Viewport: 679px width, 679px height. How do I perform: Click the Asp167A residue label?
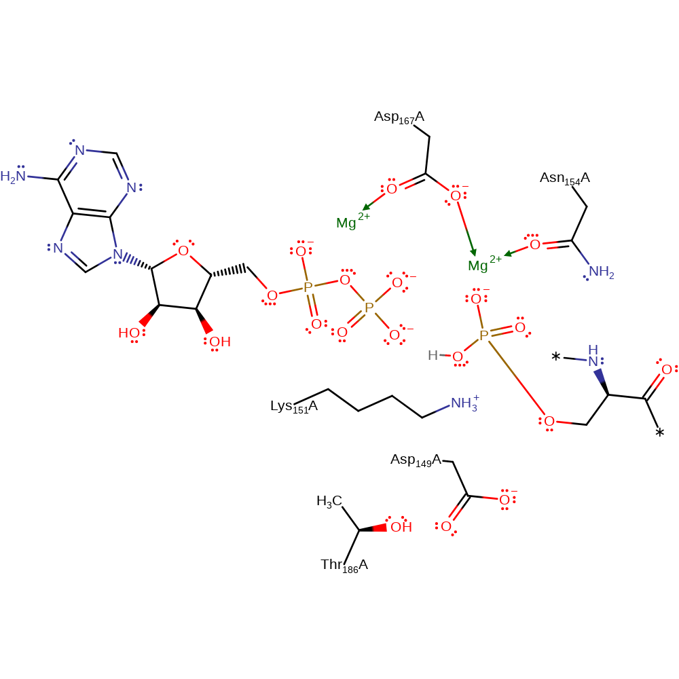[399, 117]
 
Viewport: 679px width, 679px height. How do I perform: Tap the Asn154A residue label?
[565, 179]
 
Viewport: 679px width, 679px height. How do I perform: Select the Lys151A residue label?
[294, 407]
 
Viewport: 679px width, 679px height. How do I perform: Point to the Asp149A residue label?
[416, 460]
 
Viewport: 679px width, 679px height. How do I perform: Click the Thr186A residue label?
[344, 566]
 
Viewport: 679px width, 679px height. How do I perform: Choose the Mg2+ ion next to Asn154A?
[485, 263]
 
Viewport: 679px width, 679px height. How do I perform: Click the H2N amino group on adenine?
[13, 177]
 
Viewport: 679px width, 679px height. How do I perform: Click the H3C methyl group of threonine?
[329, 502]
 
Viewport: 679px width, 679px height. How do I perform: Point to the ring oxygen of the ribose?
[183, 251]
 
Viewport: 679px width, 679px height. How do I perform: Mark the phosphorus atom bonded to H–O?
[483, 335]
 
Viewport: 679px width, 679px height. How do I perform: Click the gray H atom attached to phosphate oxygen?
[433, 356]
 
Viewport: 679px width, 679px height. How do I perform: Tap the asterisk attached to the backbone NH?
[556, 358]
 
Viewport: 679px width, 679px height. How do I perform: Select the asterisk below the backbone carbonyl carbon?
[659, 433]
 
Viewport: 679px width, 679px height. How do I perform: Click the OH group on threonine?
[401, 527]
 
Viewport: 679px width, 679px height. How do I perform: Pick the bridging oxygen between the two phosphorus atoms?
[345, 280]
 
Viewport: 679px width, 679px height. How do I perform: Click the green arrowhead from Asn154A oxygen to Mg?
[509, 253]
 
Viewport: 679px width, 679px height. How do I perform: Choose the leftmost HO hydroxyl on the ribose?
[128, 333]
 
